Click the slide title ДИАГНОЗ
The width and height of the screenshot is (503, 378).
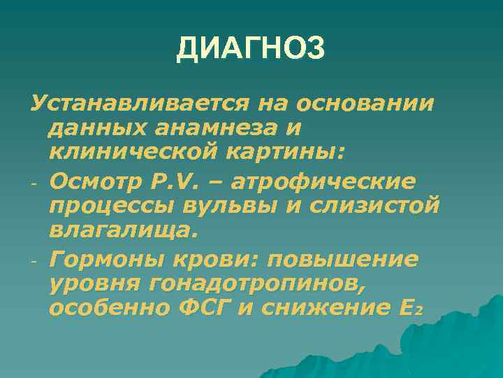tap(251, 49)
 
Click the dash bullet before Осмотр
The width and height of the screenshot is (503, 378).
tap(33, 183)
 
